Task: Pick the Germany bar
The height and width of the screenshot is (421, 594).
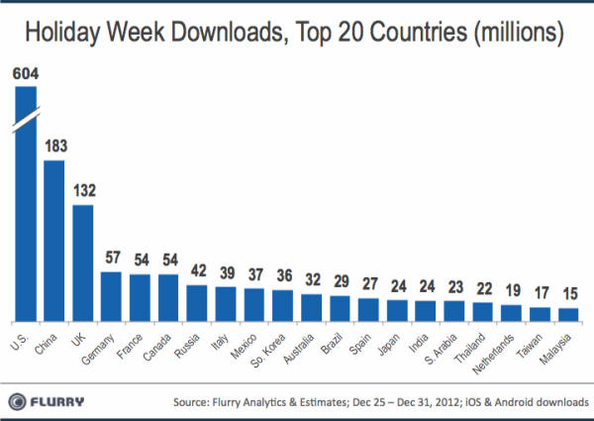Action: pos(111,296)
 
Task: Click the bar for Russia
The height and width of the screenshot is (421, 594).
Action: pos(197,303)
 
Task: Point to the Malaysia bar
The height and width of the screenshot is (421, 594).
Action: pos(568,314)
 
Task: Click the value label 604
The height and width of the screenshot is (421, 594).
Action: pos(25,72)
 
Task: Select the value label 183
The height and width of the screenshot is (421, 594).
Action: pos(54,146)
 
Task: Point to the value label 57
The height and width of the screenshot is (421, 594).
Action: pos(111,257)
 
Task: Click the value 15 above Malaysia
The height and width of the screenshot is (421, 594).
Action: pos(568,293)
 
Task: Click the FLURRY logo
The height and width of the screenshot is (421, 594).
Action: pos(49,401)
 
